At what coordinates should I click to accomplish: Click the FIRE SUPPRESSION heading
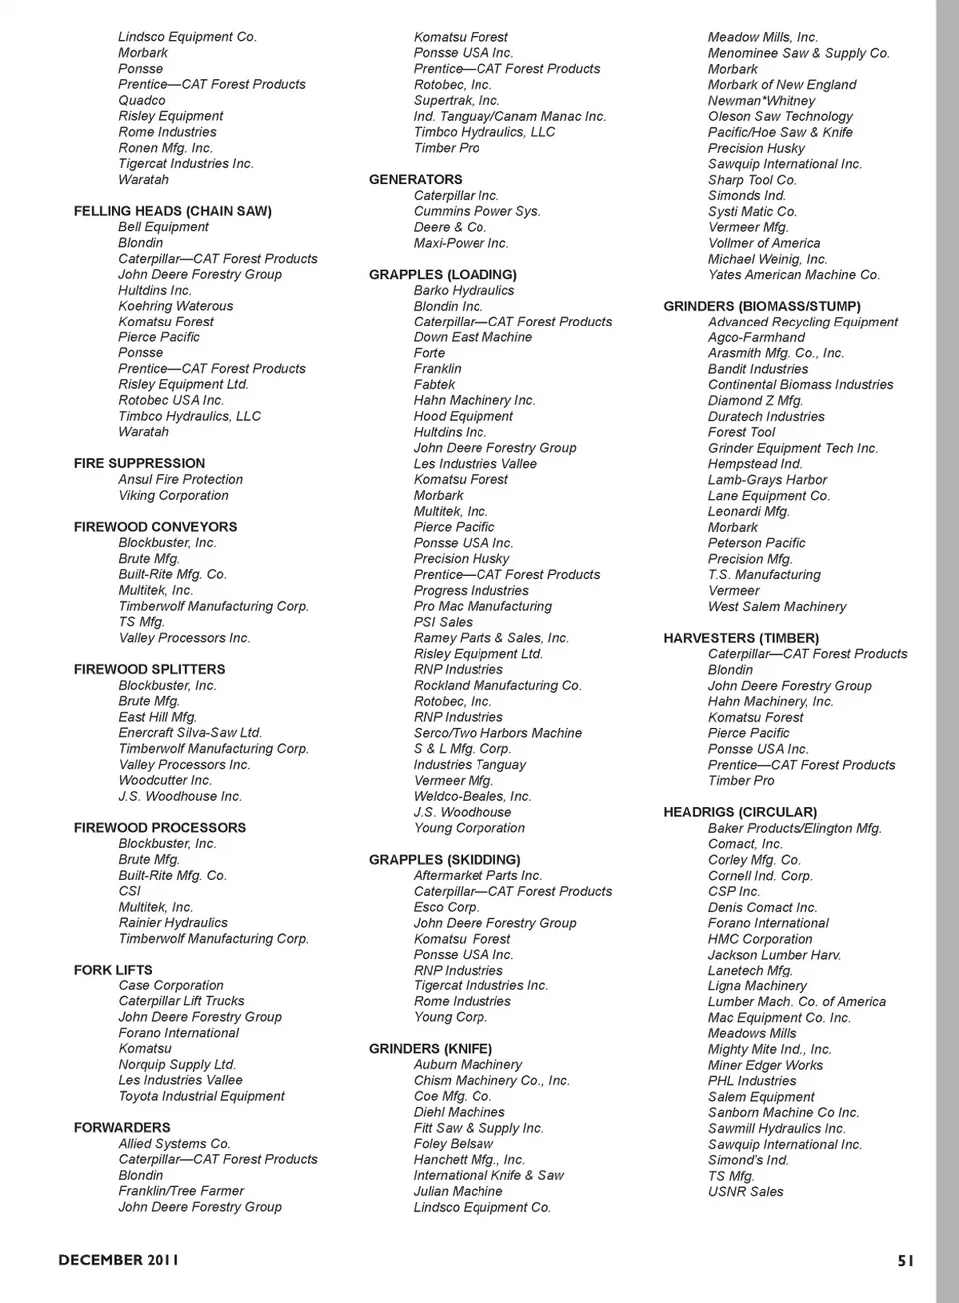[x=139, y=463]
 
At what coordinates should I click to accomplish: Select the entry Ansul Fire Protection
[x=180, y=479]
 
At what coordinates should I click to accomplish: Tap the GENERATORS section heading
[x=415, y=180]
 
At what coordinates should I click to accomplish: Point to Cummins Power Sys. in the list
[x=477, y=211]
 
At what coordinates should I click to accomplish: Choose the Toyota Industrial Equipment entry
[x=201, y=1096]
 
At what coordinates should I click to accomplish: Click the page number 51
[x=905, y=1260]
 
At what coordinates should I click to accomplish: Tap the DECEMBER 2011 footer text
[x=119, y=1260]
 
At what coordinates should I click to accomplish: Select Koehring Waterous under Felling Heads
[x=175, y=306]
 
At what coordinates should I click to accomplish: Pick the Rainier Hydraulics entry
[x=173, y=923]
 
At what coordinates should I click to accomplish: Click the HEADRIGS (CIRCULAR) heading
[x=740, y=812]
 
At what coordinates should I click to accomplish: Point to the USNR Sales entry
[x=745, y=1191]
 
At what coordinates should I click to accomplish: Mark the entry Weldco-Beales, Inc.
[x=473, y=796]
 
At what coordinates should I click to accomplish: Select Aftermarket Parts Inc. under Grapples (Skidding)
[x=478, y=875]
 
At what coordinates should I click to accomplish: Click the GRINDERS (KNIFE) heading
[x=430, y=1049]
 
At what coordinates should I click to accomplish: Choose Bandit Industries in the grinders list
[x=758, y=369]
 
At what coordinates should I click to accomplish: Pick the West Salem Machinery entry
[x=777, y=606]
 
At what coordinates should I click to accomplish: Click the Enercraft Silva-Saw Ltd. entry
[x=190, y=733]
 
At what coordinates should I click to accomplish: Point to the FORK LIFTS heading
[x=113, y=970]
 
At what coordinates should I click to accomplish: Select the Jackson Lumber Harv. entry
[x=774, y=955]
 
